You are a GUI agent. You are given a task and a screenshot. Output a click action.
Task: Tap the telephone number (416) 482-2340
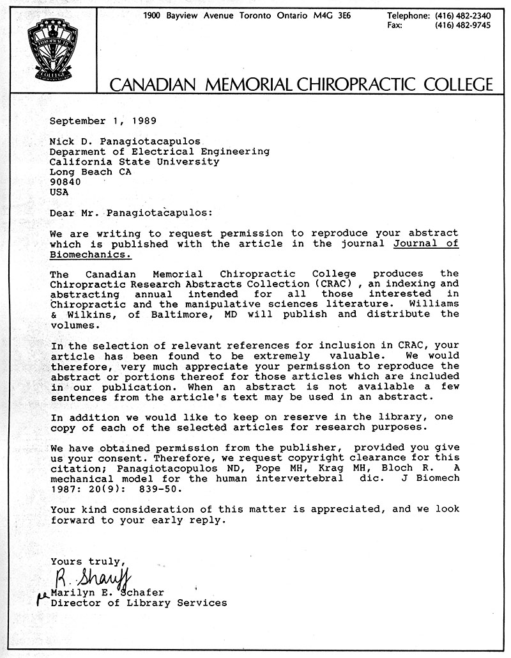pyautogui.click(x=463, y=15)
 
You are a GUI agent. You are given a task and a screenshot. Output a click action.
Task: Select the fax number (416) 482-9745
pyautogui.click(x=463, y=26)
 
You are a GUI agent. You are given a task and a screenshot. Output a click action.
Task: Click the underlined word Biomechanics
pyautogui.click(x=90, y=253)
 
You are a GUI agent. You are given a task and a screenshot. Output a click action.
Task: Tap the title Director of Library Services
pyautogui.click(x=138, y=602)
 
